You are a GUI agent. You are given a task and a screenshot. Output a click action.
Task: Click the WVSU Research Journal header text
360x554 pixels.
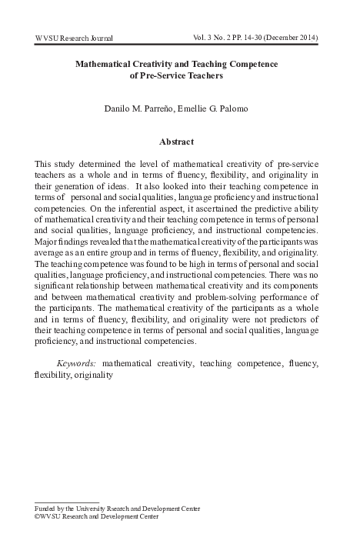[75, 38]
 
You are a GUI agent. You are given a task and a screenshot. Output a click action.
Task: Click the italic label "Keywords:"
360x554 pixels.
[78, 362]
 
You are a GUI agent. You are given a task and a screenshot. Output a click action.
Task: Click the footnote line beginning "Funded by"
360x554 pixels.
[118, 508]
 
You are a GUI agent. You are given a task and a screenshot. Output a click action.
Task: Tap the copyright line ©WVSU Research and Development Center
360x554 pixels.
[97, 516]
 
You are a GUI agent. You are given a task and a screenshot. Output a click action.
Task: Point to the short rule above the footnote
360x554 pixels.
[67, 502]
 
